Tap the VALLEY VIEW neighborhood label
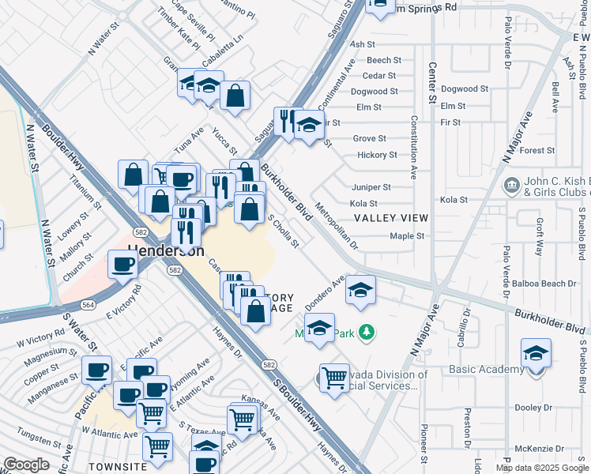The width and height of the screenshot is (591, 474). (x=390, y=217)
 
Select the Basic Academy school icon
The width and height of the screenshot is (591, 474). (x=536, y=353)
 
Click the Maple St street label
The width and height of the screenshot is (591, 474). (x=408, y=236)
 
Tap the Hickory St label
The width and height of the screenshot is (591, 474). (x=375, y=155)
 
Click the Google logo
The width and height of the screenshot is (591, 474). (x=26, y=465)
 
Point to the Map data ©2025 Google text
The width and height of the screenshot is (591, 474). (x=542, y=468)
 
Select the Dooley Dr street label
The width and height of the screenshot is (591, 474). (x=533, y=408)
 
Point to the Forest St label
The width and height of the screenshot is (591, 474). (x=537, y=150)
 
